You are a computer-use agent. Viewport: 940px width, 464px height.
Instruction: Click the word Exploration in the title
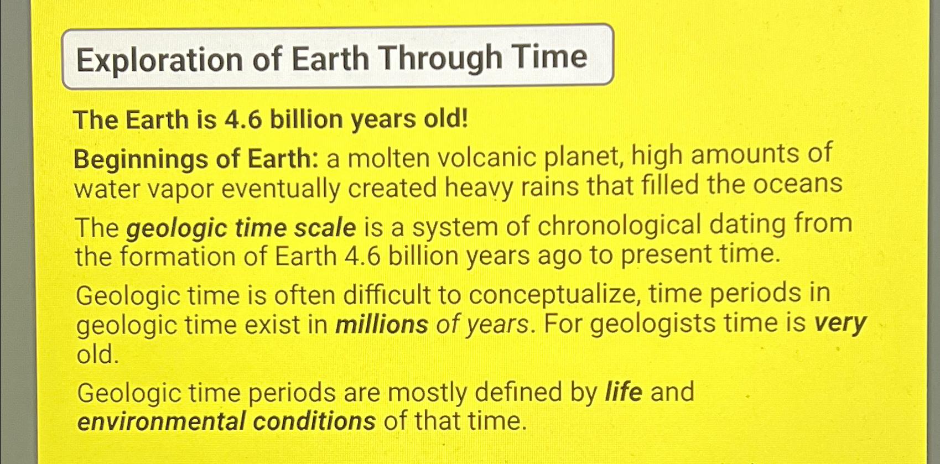pyautogui.click(x=159, y=60)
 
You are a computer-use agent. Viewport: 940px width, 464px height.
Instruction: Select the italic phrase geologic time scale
pyautogui.click(x=241, y=228)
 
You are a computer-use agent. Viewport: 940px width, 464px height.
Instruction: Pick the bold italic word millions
pyautogui.click(x=381, y=324)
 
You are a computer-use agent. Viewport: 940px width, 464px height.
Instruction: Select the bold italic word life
pyautogui.click(x=624, y=392)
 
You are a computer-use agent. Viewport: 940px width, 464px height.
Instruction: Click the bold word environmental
pyautogui.click(x=160, y=421)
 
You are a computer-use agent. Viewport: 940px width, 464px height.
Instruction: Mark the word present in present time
pyautogui.click(x=664, y=255)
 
